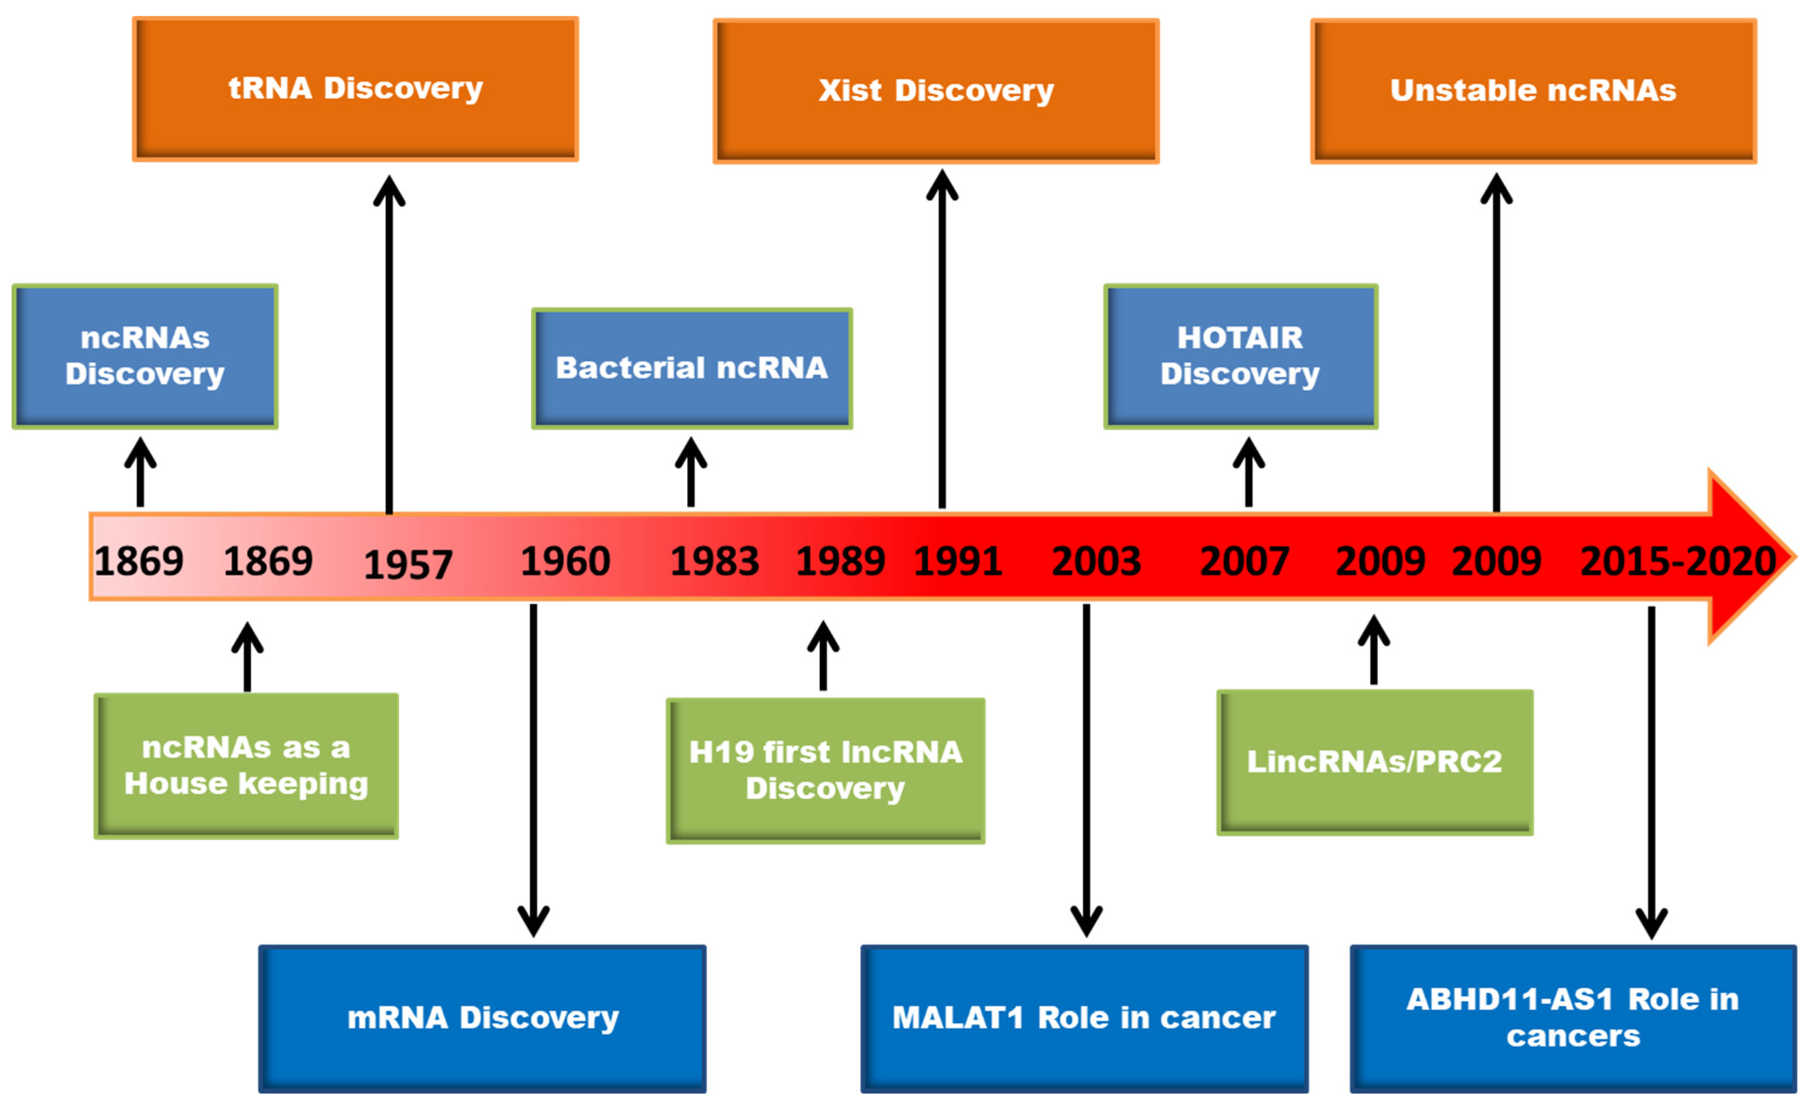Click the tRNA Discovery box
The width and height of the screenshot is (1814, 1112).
pyautogui.click(x=356, y=89)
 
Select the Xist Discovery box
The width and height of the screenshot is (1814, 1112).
pyautogui.click(x=936, y=91)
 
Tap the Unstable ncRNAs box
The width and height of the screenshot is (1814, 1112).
pyautogui.click(x=1533, y=91)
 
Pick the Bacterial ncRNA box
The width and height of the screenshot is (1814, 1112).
pyautogui.click(x=692, y=368)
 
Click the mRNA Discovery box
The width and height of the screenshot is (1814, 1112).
pyautogui.click(x=482, y=1018)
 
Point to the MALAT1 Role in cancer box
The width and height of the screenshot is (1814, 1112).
pyautogui.click(x=1084, y=1018)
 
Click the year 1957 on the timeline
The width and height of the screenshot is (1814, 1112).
pyautogui.click(x=408, y=565)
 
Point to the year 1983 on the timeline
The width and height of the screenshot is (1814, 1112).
pyautogui.click(x=714, y=561)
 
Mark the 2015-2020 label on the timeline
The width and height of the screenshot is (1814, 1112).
pyautogui.click(x=1678, y=561)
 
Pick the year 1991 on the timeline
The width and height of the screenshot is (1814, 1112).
pyautogui.click(x=958, y=561)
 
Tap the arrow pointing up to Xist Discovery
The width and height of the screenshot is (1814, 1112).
pyautogui.click(x=943, y=339)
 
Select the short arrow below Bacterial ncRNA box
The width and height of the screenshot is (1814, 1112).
pyautogui.click(x=690, y=471)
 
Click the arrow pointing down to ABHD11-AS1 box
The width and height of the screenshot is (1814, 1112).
pyautogui.click(x=1651, y=773)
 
